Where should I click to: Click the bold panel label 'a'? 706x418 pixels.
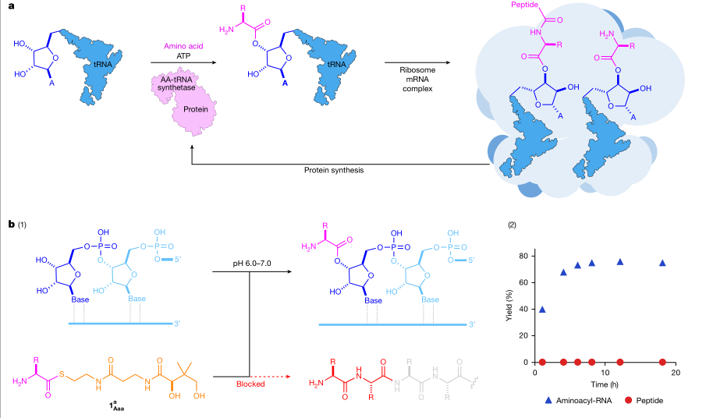11,6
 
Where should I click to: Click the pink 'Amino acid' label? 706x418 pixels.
183,46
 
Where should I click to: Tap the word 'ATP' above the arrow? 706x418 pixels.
183,56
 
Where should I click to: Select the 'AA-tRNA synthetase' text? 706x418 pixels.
176,83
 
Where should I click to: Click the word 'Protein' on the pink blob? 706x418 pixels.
195,109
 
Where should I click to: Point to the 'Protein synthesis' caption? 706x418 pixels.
334,170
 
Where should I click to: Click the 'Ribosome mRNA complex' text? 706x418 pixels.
417,80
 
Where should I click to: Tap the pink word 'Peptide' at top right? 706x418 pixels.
524,5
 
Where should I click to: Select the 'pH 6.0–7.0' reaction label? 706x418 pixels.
252,264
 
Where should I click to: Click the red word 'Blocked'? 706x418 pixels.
250,384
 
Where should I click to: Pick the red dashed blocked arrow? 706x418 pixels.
270,376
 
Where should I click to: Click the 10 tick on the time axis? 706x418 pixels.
605,372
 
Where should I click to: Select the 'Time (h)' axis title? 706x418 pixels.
605,384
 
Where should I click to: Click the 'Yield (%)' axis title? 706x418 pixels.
509,306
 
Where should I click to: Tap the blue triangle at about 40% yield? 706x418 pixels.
542,310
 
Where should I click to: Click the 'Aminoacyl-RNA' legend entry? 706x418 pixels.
578,400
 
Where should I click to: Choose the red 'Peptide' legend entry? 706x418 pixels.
644,400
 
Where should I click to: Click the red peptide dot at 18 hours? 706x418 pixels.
662,362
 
